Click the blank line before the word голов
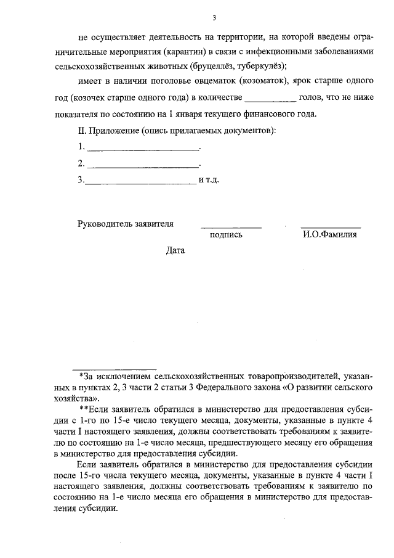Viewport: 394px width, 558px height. [271, 98]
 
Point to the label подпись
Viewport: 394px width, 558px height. [225, 235]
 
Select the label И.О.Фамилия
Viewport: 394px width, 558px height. [330, 235]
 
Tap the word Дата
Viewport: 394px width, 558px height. [175, 250]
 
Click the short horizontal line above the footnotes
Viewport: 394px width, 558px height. [115, 368]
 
